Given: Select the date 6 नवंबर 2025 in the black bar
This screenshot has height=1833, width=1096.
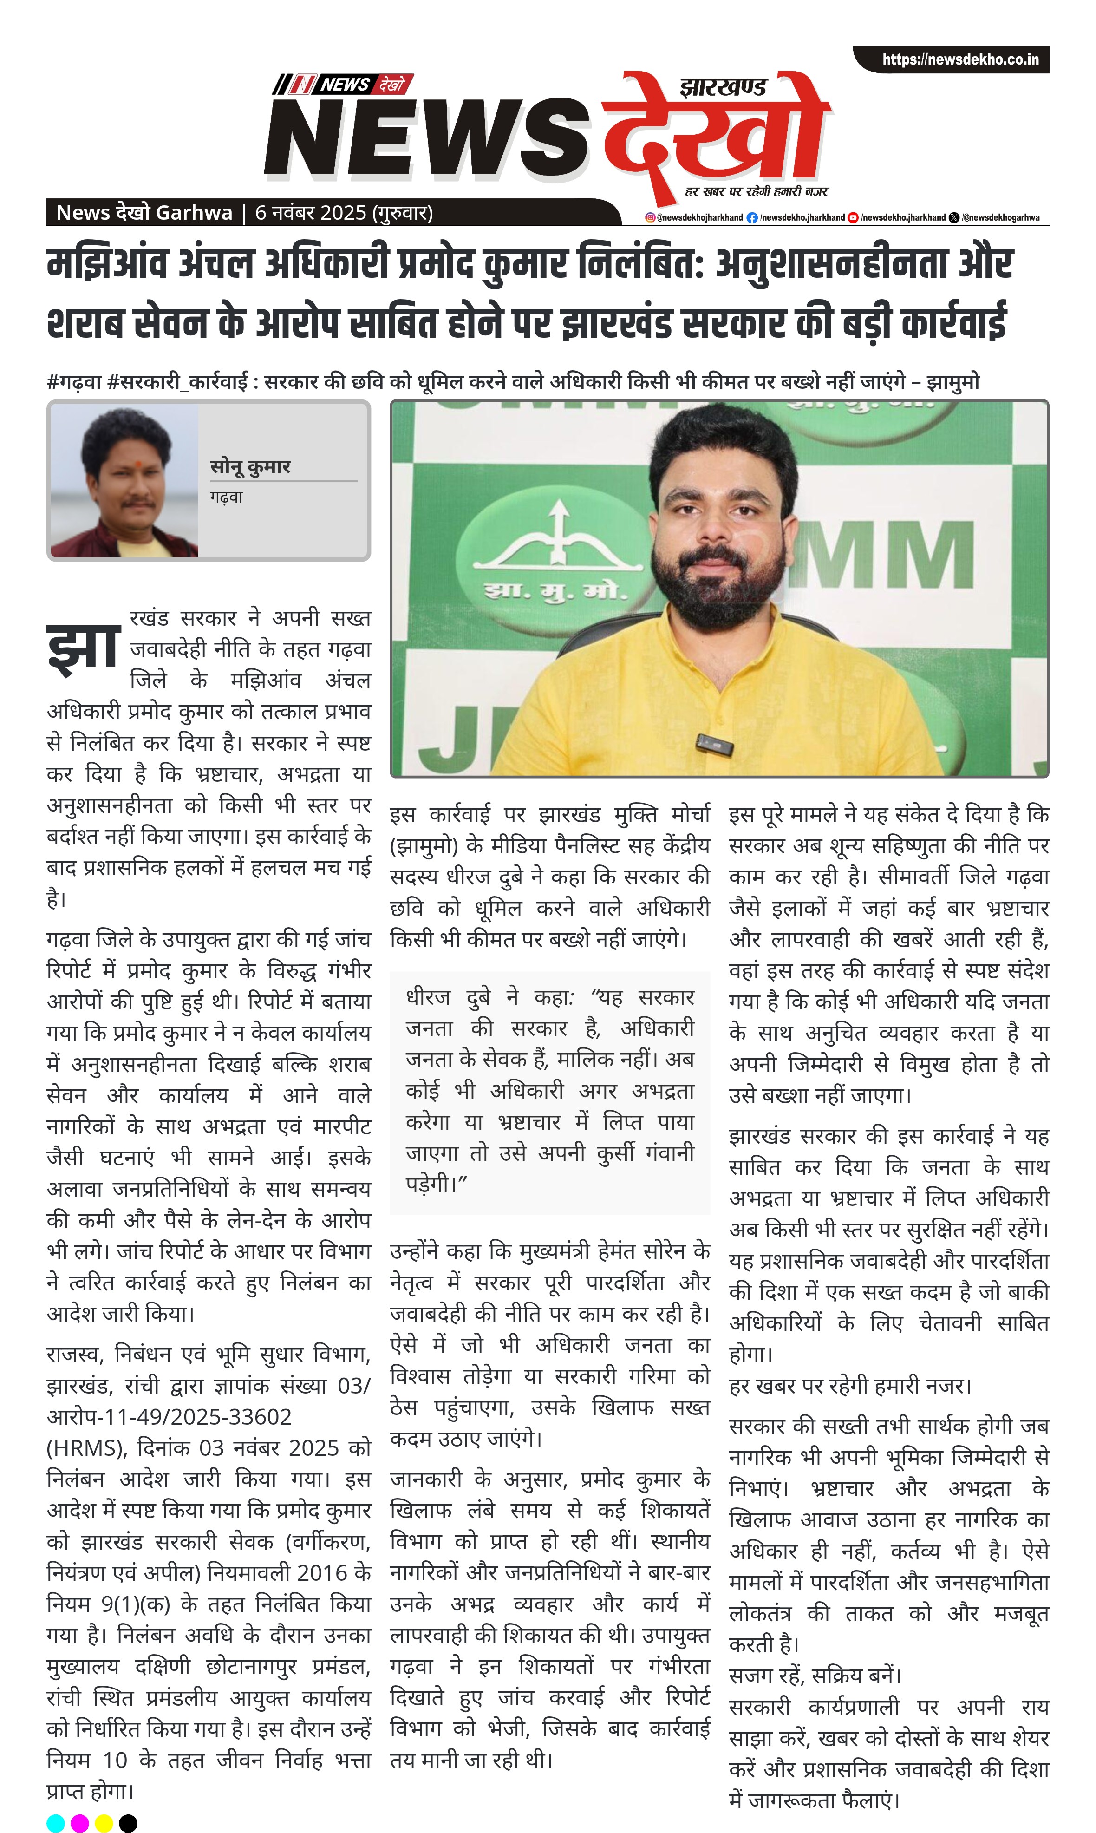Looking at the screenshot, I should click(x=310, y=213).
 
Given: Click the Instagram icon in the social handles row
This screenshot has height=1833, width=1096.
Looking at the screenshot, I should click(x=650, y=217).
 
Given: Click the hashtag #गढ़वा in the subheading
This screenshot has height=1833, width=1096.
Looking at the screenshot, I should click(x=74, y=381).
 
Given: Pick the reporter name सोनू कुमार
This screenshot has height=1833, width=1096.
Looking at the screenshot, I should click(x=250, y=466).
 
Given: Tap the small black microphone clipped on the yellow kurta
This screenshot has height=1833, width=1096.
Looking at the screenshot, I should click(x=714, y=745).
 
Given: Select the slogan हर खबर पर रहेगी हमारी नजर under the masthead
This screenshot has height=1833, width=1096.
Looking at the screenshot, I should click(x=756, y=191).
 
